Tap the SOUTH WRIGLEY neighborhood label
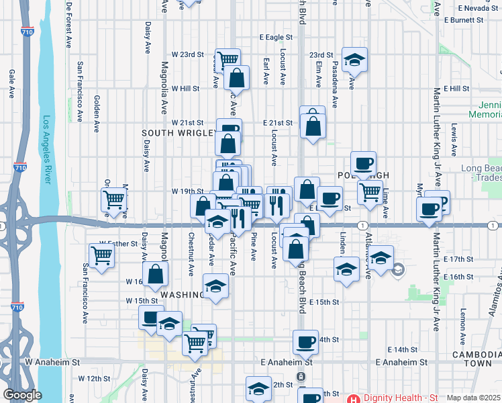point(172,134)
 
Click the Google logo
point(22,395)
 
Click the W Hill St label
point(186,88)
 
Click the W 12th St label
point(94,379)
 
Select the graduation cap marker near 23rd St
point(354,60)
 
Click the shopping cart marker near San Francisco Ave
point(101,255)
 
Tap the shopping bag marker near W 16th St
point(156,274)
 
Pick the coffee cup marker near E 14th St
point(306,342)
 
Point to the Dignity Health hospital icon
point(352,398)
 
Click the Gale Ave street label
point(12,85)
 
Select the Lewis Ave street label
point(454,138)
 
